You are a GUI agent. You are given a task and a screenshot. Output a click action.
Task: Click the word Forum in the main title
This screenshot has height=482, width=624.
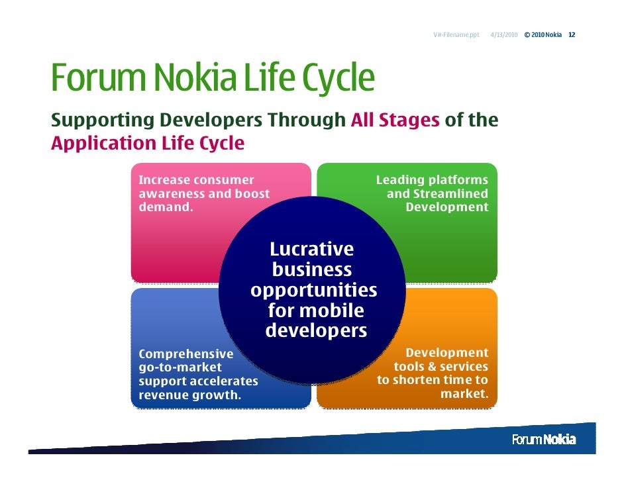97,78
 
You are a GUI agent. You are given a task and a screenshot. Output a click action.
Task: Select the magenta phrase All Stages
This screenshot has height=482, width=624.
395,120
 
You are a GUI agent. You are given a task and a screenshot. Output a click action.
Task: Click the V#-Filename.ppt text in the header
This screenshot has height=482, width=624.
456,34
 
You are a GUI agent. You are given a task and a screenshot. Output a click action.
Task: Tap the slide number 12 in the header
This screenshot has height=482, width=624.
572,34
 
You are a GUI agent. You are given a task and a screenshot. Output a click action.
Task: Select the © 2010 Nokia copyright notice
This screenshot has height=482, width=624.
543,34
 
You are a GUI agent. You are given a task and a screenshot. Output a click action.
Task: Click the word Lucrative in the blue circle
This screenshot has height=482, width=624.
311,250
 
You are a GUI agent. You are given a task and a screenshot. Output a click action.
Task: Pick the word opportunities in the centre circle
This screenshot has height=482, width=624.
314,291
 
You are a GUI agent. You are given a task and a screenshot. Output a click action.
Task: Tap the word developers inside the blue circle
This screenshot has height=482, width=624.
316,331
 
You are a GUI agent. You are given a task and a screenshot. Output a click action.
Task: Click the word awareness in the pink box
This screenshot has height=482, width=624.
171,194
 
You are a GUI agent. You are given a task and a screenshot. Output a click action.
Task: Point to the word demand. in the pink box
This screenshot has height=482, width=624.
166,207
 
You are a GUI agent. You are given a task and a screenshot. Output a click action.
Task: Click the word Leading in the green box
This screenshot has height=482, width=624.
399,180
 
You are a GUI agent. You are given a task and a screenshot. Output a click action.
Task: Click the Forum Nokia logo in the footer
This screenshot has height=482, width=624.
544,440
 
